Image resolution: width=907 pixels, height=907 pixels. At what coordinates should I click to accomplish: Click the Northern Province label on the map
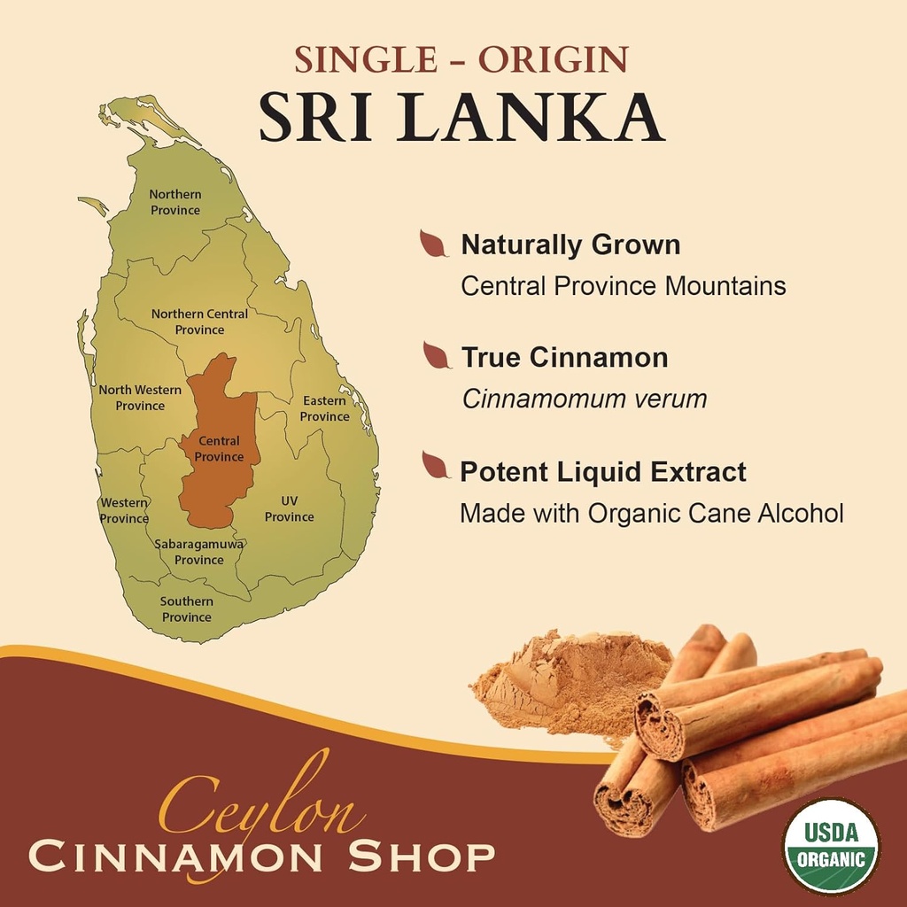tap(175, 202)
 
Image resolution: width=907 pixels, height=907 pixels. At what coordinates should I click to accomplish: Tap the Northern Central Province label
tap(199, 322)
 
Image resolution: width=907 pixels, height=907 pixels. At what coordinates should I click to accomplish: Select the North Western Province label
tap(140, 398)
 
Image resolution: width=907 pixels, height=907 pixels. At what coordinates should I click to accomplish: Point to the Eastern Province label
tap(324, 408)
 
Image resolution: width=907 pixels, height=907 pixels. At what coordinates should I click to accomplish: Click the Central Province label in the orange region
tap(219, 449)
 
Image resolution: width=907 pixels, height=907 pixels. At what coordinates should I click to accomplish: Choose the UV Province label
tap(289, 509)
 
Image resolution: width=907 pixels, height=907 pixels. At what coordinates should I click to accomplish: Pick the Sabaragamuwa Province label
tap(199, 552)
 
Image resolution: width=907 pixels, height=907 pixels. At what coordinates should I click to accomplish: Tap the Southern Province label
tap(186, 609)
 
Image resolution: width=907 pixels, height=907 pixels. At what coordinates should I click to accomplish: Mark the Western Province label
tap(124, 511)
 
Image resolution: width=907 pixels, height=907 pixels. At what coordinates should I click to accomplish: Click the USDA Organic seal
tap(831, 846)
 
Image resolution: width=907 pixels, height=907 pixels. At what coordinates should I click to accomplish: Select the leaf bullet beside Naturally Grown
tap(433, 244)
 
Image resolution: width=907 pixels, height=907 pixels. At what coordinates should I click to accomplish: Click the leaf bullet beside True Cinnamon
tap(436, 356)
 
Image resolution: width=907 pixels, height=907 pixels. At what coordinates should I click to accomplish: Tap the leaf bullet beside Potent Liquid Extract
tap(435, 465)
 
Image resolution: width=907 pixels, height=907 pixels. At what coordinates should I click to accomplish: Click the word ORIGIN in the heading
tap(553, 60)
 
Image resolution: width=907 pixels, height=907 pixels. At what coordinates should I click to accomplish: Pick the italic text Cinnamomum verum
tap(585, 399)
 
